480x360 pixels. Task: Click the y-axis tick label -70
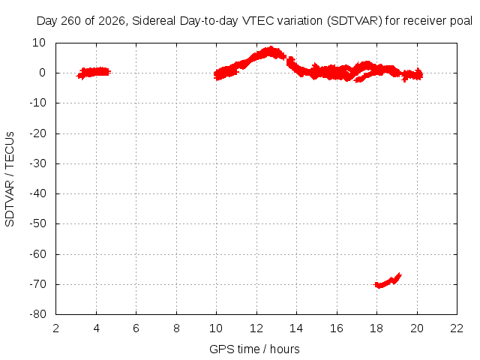coord(37,284)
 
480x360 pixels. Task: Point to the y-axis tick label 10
coord(39,43)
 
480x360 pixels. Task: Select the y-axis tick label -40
coord(37,193)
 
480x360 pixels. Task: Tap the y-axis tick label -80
coord(37,314)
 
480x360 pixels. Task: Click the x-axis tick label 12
coord(256,328)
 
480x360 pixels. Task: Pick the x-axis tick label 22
coord(457,328)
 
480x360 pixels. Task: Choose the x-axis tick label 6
coord(136,328)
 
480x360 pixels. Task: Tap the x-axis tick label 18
coord(376,328)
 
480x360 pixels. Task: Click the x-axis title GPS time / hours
coord(254,349)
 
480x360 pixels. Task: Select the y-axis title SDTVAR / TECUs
coord(10,179)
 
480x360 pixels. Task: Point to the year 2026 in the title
coord(112,21)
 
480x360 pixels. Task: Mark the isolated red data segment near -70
coord(388,280)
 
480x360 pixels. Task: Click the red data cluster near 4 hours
coord(94,73)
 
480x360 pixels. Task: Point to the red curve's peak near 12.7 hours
coord(271,48)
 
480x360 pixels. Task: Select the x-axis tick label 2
coord(56,328)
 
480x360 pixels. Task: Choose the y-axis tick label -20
coord(37,133)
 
